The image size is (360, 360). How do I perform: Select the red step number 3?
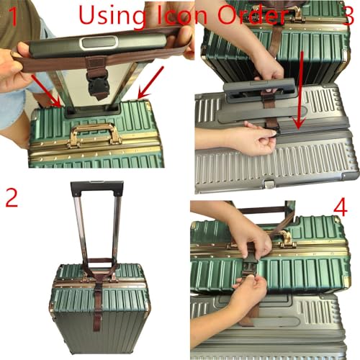346,16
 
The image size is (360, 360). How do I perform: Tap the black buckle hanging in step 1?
99,85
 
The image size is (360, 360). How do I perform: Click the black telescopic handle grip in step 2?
97,189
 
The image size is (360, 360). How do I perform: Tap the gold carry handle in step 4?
283,238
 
